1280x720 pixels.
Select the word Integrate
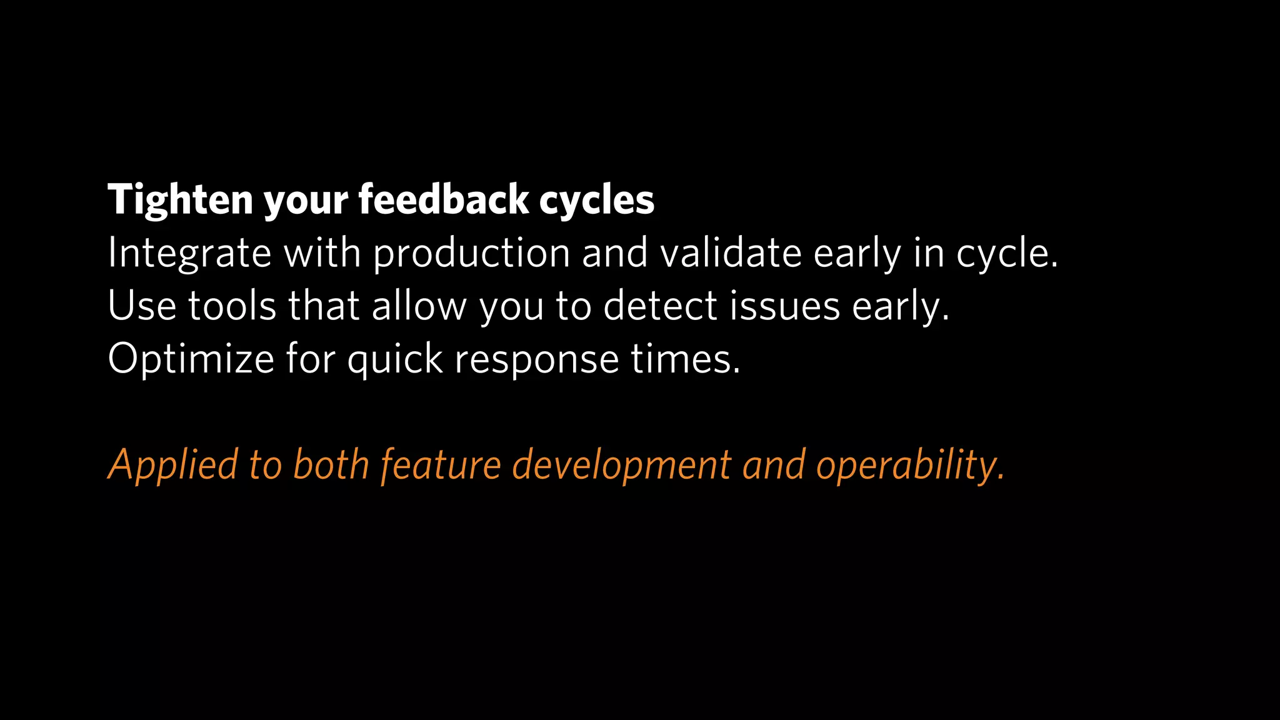189,254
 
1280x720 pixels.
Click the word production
471,254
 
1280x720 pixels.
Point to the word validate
731,254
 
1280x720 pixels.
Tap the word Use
141,306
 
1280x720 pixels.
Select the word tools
232,306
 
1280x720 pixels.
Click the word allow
419,306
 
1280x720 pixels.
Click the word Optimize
191,359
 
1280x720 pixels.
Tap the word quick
395,359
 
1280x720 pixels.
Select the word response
536,359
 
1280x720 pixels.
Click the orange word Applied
173,466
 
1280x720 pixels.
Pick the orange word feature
441,466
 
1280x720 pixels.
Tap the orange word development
621,466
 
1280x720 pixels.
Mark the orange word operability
910,466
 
